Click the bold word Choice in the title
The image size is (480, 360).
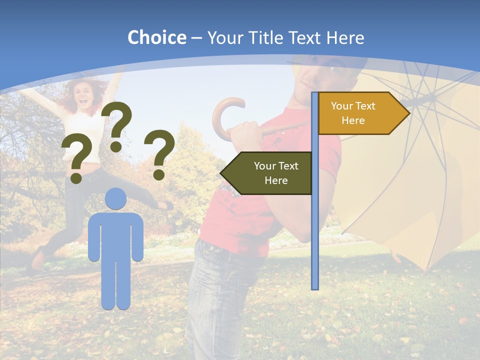[156, 37]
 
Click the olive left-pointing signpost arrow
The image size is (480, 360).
[267, 173]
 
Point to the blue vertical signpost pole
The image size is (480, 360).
[314, 225]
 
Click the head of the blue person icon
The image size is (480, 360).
[116, 198]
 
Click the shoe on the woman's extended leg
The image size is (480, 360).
[165, 205]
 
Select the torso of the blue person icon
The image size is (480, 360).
[116, 235]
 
